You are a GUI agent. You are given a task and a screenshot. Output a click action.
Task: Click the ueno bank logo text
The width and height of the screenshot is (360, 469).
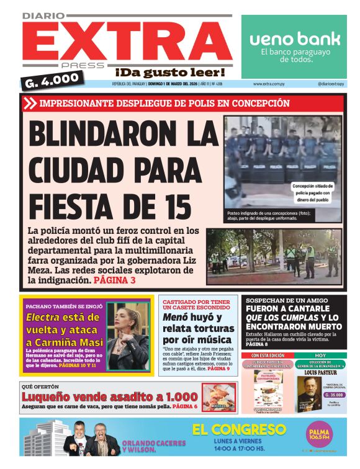(295, 38)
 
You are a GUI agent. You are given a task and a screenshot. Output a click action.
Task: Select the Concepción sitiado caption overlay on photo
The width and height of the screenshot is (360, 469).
(313, 192)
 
